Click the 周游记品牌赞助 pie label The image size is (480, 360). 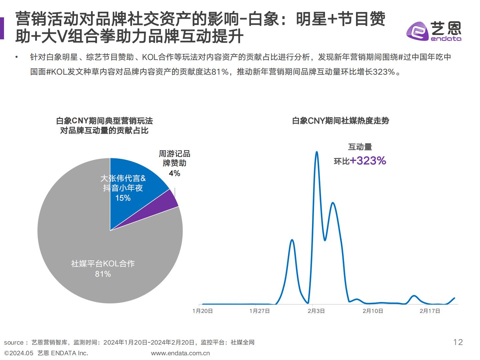174,159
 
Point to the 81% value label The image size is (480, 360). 103,274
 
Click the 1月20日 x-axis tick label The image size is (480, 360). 203,311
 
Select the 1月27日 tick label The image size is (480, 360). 260,311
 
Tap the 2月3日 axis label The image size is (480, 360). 316,311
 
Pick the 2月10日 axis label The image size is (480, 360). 373,311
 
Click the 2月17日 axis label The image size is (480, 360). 430,311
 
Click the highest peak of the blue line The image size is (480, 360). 316,152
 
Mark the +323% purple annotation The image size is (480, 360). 368,161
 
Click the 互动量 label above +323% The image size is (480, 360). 360,147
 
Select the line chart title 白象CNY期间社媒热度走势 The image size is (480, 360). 340,121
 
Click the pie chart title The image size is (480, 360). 104,125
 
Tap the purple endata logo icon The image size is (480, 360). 417,31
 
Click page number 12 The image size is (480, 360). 458,342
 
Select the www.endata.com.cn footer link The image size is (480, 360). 180,353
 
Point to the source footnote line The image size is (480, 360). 129,342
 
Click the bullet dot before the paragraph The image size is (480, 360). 16,57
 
